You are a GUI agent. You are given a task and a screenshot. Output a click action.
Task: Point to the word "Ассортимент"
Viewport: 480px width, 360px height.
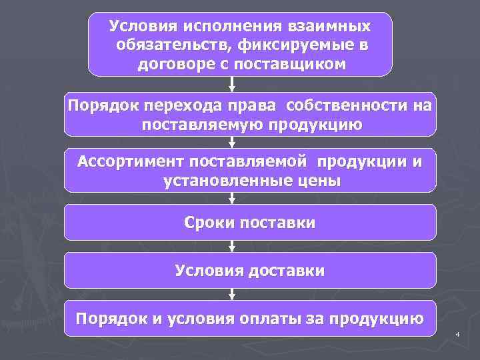tap(132, 162)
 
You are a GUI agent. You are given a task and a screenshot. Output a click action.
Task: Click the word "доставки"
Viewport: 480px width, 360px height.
tap(291, 270)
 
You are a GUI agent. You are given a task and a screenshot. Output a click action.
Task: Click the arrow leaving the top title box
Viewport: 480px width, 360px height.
tap(232, 84)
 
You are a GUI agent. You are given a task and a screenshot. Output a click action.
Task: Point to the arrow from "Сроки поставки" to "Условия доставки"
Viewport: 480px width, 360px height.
tap(232, 246)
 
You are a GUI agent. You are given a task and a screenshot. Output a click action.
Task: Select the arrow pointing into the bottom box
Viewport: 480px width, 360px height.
tap(232, 294)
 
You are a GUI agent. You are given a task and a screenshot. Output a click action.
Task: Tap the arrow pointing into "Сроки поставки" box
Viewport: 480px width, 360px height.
tap(232, 198)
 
